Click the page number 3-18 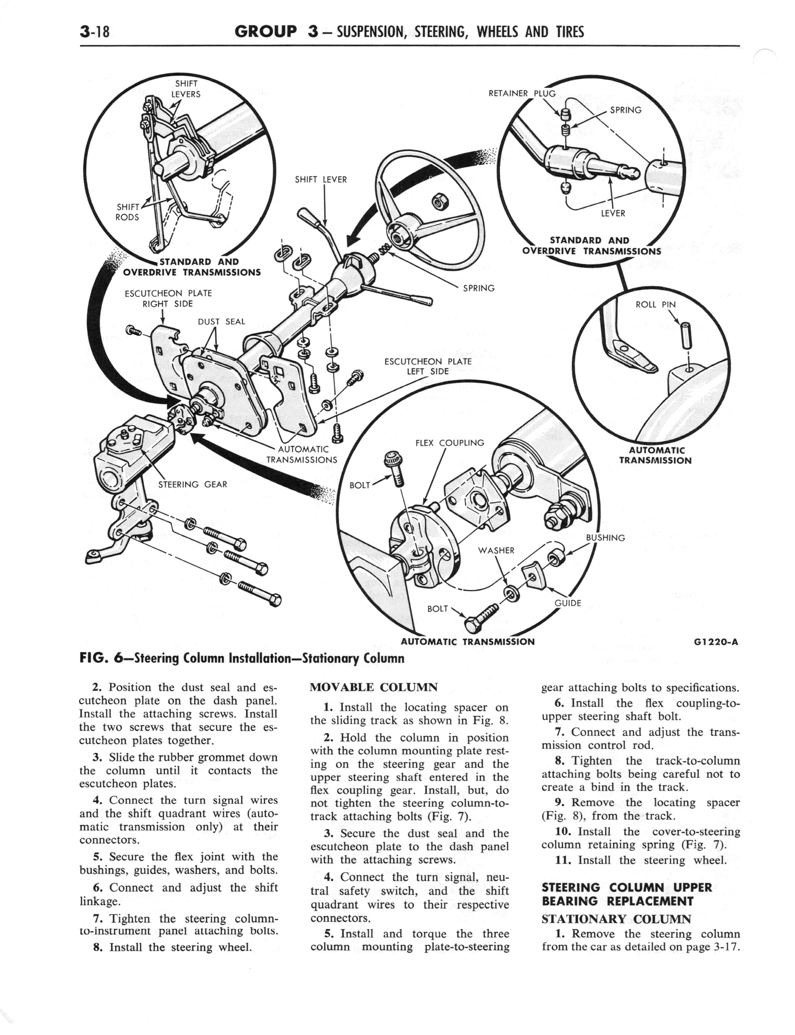click(95, 32)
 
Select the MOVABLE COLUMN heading click(373, 687)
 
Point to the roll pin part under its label click(684, 334)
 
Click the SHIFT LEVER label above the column click(321, 180)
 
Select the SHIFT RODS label click(128, 212)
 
